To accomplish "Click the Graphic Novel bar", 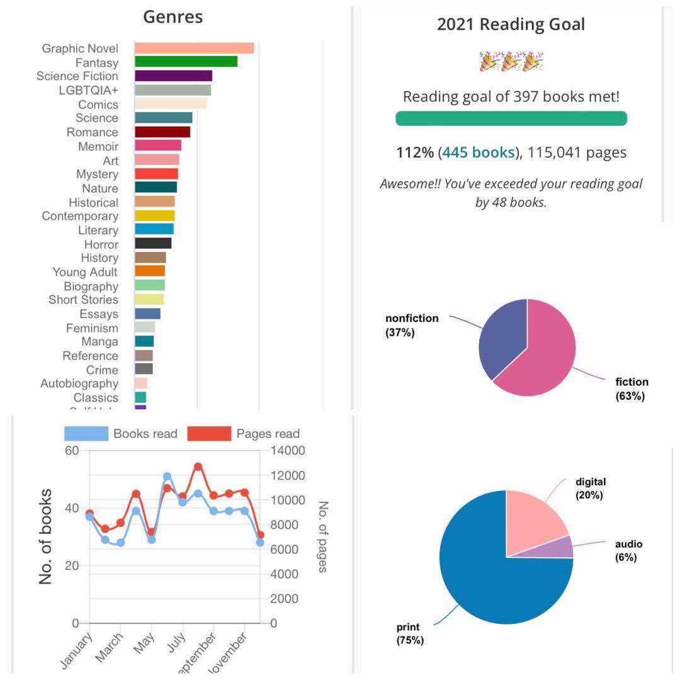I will pyautogui.click(x=194, y=48).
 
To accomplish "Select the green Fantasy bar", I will pyautogui.click(x=186, y=62).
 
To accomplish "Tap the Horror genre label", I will pyautogui.click(x=101, y=244).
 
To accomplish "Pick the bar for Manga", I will pyautogui.click(x=144, y=341).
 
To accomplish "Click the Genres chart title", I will pyautogui.click(x=173, y=17).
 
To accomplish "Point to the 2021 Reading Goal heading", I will pyautogui.click(x=511, y=25).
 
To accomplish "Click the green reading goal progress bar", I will pyautogui.click(x=511, y=118).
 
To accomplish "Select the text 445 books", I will pyautogui.click(x=478, y=152).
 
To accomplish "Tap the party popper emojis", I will pyautogui.click(x=511, y=62).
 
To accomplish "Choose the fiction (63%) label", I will pyautogui.click(x=632, y=388).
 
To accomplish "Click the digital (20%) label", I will pyautogui.click(x=590, y=489).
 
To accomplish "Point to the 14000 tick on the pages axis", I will pyautogui.click(x=287, y=451).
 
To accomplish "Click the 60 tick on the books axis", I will pyautogui.click(x=71, y=451).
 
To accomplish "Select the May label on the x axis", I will pyautogui.click(x=144, y=643).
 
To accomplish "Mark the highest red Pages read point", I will pyautogui.click(x=198, y=467).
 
